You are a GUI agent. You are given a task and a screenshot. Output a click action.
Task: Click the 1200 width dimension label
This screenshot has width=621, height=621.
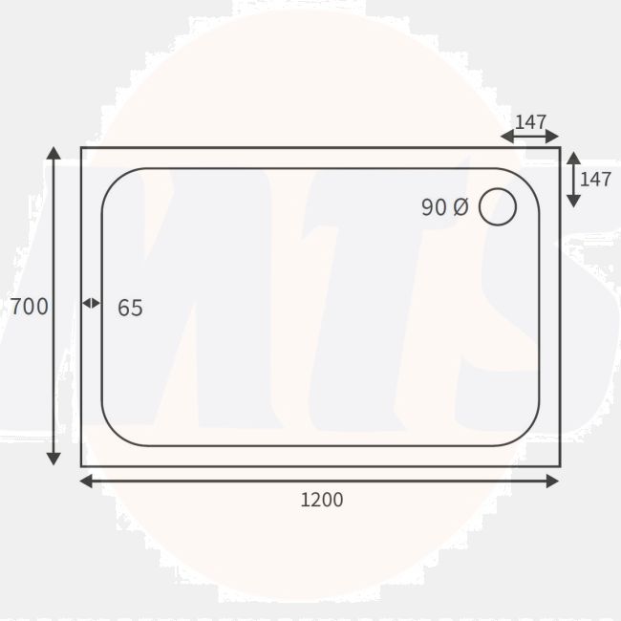tap(322, 500)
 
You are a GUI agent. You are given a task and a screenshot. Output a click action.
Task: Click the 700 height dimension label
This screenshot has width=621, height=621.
tap(29, 307)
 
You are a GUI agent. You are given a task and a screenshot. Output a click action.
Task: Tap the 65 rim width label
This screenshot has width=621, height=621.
tap(130, 308)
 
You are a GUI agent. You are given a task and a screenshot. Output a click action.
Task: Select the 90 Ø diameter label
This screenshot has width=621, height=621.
tap(444, 207)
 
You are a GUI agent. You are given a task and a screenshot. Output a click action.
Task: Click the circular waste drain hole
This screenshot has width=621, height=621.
tap(497, 207)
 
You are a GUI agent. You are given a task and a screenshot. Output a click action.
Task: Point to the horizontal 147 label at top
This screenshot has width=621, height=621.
tap(530, 122)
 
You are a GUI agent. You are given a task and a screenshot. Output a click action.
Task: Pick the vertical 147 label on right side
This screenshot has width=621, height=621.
tap(595, 179)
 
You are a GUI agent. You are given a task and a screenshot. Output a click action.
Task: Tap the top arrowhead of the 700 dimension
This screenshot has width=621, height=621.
tap(54, 154)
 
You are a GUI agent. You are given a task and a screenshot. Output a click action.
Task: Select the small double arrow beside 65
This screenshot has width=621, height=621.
tap(91, 303)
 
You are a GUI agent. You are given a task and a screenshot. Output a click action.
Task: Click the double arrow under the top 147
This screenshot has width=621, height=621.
tap(529, 137)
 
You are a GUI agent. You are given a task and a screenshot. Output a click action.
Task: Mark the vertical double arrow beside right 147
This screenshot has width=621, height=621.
tap(572, 179)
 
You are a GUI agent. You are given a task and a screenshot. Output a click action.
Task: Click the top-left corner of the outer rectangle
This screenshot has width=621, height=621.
tap(82, 148)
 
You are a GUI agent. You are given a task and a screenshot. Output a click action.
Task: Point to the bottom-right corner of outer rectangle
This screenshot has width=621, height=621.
tap(559, 466)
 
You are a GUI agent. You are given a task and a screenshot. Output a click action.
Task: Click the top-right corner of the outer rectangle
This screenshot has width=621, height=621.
tap(559, 148)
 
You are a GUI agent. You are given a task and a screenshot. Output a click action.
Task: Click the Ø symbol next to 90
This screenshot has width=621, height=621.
tap(460, 207)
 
